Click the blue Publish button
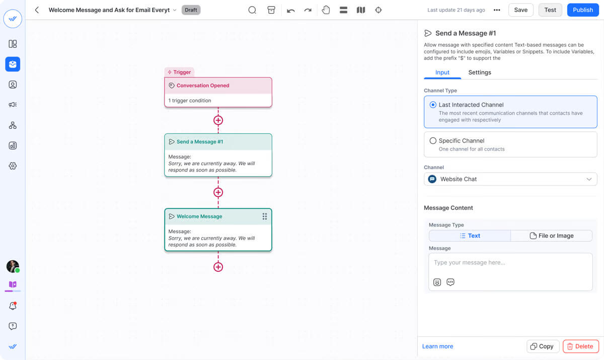tap(583, 10)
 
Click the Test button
tap(550, 10)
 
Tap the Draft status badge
tap(191, 10)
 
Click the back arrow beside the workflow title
tap(37, 10)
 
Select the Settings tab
tap(480, 73)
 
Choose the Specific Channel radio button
tap(433, 140)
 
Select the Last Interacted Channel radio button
tap(433, 105)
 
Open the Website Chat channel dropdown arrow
tap(589, 179)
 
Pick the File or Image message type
tap(552, 236)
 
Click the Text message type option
tap(470, 236)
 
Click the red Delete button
tap(580, 346)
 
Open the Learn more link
tap(437, 346)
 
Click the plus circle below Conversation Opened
tap(218, 120)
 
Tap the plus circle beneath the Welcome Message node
tap(218, 267)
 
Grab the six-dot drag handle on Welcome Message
tap(265, 217)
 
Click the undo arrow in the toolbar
tap(291, 10)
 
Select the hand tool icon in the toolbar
tap(326, 10)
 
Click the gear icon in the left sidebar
tap(13, 166)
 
